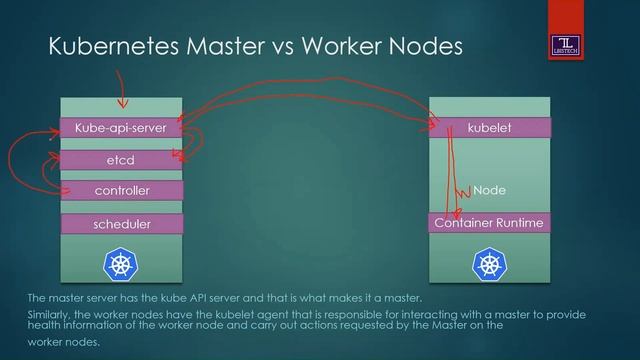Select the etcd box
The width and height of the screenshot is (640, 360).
pos(121,159)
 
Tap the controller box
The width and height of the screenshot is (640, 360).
pos(121,190)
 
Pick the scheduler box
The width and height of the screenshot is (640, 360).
pos(121,224)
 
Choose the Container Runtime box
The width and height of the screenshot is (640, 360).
pos(489,223)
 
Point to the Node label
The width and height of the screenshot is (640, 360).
pos(489,189)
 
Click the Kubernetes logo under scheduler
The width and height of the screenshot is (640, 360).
pos(121,265)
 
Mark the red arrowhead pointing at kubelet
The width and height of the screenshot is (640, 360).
pos(435,125)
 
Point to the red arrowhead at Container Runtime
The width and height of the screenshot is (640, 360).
pos(455,213)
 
